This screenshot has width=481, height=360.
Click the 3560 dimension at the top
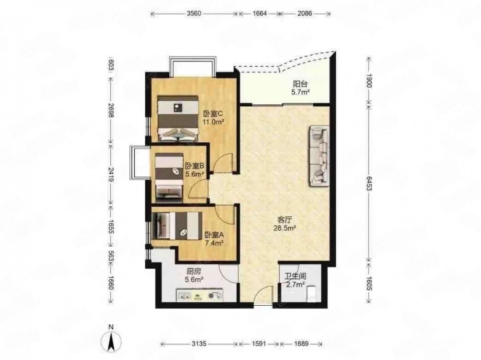pos(194,13)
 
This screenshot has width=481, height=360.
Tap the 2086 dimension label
pos(304,13)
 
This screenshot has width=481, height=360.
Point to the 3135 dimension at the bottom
pos(199,344)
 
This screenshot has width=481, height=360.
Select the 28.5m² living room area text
pos(284,228)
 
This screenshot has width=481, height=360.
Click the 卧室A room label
pos(214,235)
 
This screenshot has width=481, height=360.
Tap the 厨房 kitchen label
pos(194,272)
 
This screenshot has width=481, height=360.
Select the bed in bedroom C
pos(177,118)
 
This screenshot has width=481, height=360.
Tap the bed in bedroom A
pos(177,226)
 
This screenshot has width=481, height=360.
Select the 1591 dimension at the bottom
pos(259,344)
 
